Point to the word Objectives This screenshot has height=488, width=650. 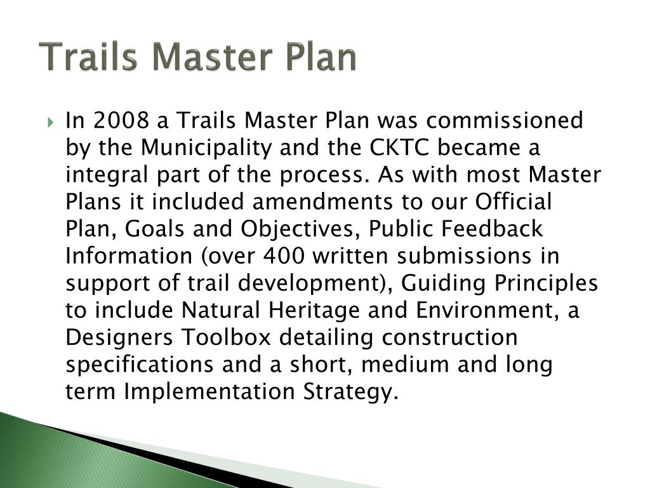click(308, 229)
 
